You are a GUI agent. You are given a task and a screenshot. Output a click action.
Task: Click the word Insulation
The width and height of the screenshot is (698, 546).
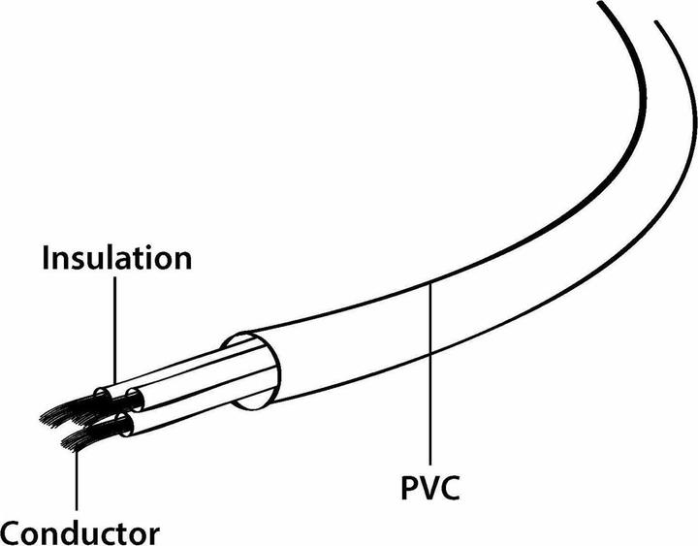[117, 257]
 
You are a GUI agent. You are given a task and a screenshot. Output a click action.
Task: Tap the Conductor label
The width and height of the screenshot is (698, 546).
[80, 532]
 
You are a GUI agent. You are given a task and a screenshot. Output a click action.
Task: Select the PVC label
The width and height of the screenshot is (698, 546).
[430, 488]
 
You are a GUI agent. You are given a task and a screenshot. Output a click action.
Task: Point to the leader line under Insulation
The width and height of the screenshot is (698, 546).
[115, 331]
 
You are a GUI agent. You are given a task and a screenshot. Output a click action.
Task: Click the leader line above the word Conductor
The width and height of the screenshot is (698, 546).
[77, 480]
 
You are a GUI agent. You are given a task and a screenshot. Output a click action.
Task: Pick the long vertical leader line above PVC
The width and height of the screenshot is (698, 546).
[430, 374]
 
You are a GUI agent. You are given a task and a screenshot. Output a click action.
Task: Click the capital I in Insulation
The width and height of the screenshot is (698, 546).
[46, 258]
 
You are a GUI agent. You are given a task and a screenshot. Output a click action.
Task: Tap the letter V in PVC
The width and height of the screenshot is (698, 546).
[430, 488]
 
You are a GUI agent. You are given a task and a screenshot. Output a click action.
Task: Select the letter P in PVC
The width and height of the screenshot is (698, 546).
[409, 488]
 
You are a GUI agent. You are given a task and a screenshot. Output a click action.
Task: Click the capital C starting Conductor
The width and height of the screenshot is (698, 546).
[11, 533]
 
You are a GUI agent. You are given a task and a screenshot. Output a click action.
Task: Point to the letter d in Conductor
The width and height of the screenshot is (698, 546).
[75, 531]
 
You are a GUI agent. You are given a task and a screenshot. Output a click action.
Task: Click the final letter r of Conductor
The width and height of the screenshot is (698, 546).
[153, 535]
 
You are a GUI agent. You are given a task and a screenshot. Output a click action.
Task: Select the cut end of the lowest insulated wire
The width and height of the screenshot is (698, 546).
[124, 425]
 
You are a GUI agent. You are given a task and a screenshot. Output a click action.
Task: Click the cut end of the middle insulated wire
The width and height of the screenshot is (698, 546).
[135, 399]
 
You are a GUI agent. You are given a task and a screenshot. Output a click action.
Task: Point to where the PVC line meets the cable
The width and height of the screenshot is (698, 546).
[430, 285]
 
